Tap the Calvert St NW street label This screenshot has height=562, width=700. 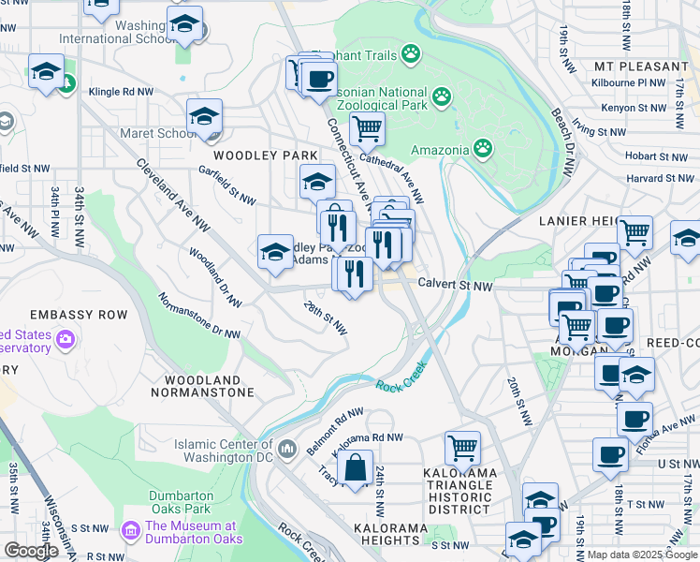(455, 285)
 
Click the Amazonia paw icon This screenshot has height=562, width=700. (482, 148)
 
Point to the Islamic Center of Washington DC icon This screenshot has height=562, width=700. (288, 445)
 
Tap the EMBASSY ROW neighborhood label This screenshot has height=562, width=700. (78, 315)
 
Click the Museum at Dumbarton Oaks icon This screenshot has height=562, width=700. (130, 531)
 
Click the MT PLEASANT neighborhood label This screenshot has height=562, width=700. (641, 67)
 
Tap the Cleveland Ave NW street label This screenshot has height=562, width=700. (171, 192)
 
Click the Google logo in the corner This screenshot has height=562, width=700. (31, 551)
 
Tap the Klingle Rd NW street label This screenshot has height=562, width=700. (122, 93)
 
